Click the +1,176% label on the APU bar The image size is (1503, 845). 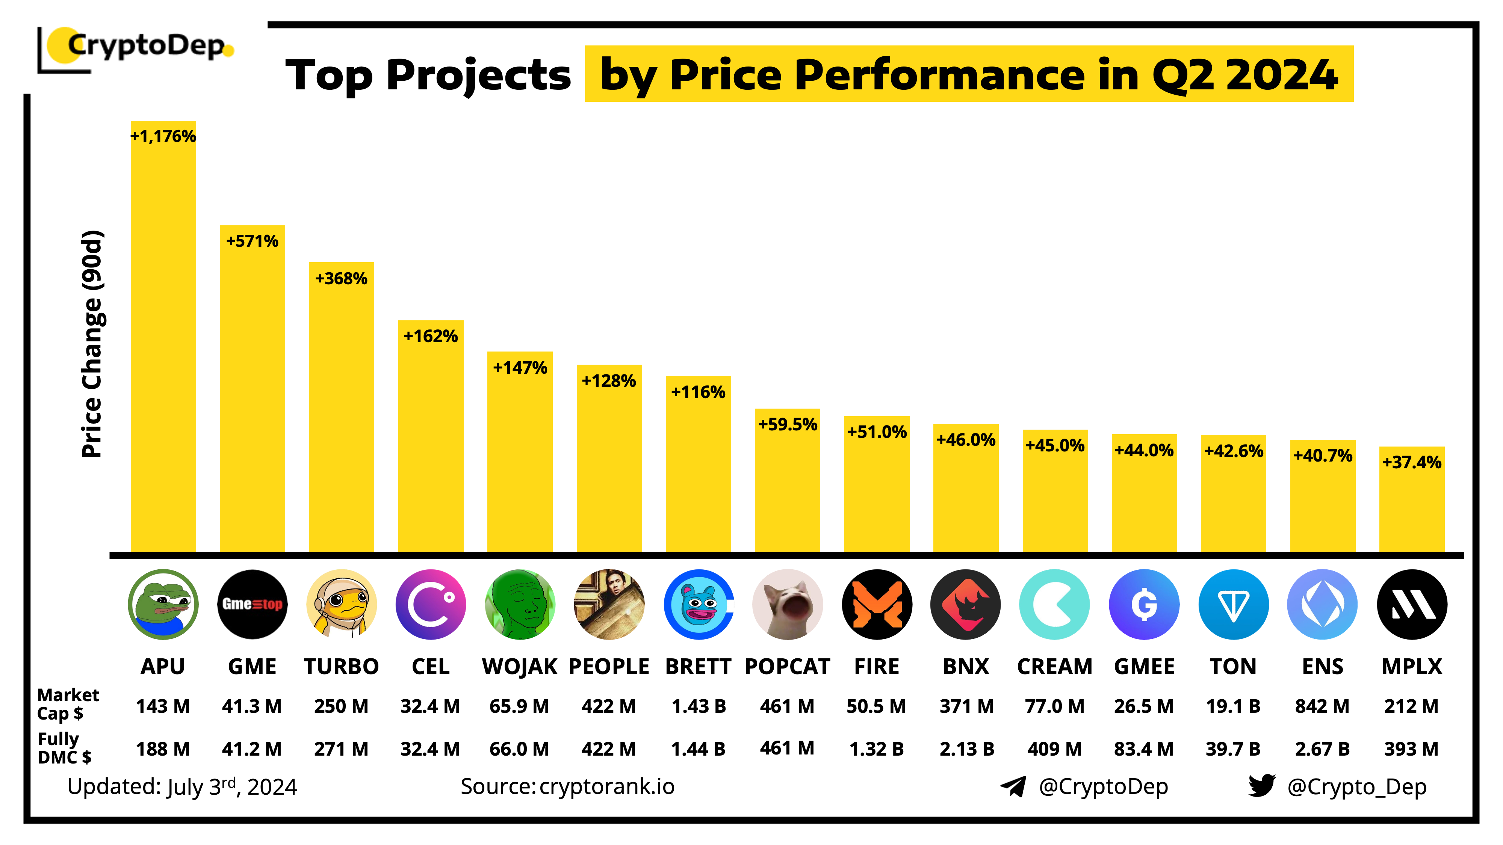click(163, 136)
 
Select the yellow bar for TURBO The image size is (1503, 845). click(341, 408)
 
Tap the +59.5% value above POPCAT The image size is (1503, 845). click(787, 424)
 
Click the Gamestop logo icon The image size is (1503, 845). click(252, 604)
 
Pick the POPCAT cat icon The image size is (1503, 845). click(787, 604)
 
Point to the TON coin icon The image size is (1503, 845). click(1234, 604)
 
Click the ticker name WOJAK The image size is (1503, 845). click(519, 667)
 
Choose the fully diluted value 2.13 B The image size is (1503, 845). click(966, 749)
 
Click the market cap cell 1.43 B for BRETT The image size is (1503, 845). click(699, 706)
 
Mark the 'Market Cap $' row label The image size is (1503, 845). click(68, 704)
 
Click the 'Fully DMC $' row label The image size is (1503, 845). click(64, 748)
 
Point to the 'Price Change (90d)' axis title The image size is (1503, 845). click(92, 344)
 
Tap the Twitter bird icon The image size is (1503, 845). click(1261, 786)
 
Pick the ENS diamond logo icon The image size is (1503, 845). click(1322, 604)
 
